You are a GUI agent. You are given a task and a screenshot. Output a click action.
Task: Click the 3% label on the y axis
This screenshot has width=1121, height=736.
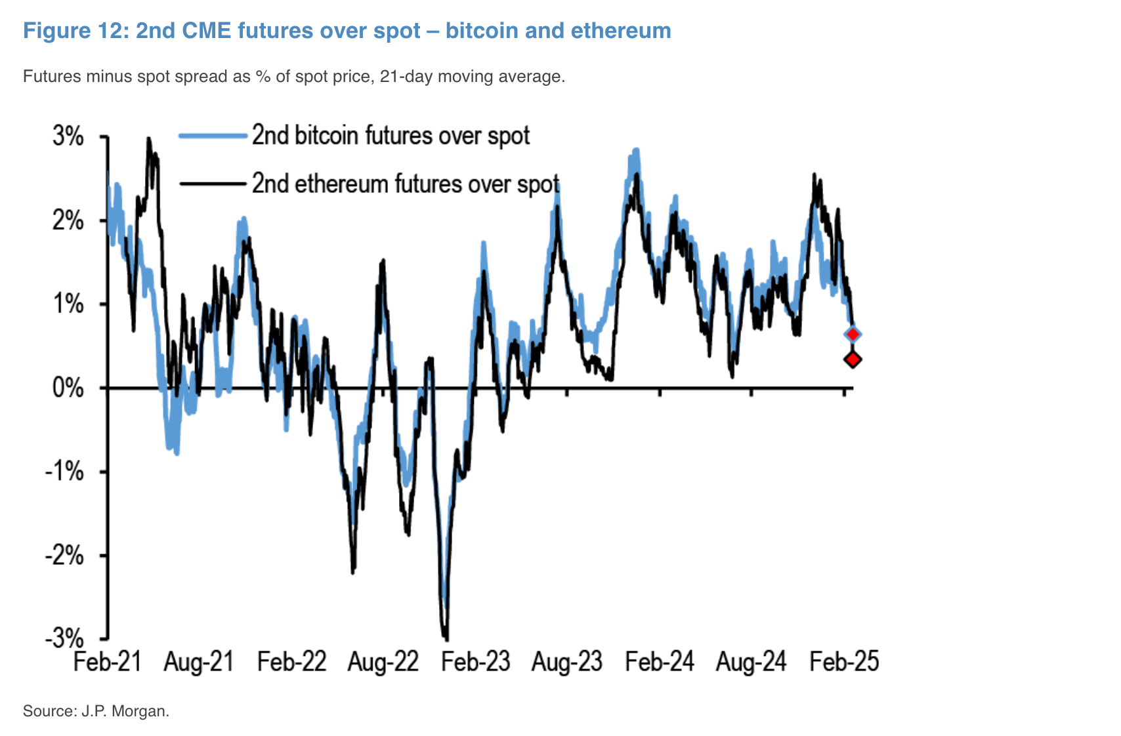68,137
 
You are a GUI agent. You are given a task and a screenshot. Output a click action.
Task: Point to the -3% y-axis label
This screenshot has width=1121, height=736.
64,638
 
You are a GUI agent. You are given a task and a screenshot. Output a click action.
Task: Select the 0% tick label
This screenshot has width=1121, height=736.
68,388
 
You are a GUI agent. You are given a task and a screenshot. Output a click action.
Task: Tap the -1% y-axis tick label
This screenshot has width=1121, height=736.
64,472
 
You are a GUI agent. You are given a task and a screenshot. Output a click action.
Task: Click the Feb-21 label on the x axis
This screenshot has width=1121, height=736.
108,661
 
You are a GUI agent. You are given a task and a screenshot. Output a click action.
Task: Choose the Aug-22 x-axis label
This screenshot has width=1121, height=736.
383,661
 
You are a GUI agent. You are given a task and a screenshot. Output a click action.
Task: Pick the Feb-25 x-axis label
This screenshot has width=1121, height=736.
843,661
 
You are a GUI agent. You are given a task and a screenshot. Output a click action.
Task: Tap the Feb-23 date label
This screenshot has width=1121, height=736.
475,661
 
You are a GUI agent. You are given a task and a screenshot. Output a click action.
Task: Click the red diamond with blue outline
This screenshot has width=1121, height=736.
853,335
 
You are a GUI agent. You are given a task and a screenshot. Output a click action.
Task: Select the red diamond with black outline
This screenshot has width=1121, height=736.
853,359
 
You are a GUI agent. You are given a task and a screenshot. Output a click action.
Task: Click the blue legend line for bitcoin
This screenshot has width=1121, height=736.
213,136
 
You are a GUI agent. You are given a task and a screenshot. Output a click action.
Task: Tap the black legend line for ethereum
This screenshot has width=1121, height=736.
213,184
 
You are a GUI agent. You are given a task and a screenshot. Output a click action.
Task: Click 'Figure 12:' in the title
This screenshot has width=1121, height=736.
76,31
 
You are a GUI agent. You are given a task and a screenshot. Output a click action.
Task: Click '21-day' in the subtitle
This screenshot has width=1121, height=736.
407,77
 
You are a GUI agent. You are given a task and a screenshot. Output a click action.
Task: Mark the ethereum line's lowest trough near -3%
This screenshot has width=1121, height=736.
446,638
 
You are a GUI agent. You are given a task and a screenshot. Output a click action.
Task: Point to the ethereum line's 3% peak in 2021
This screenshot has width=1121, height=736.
149,139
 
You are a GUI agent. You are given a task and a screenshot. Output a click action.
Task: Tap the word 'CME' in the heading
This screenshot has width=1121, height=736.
205,31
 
